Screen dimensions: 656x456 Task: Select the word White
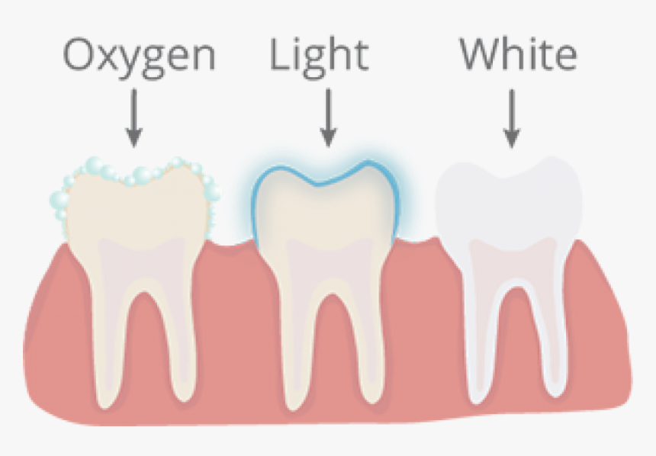click(519, 53)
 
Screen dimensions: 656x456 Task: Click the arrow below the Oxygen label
click(134, 118)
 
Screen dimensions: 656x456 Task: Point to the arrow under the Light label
click(329, 118)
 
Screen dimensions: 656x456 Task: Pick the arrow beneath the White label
click(512, 118)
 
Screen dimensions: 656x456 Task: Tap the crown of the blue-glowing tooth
click(326, 205)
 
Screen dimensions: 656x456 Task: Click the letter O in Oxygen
click(80, 54)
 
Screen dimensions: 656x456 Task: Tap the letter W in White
click(481, 53)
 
